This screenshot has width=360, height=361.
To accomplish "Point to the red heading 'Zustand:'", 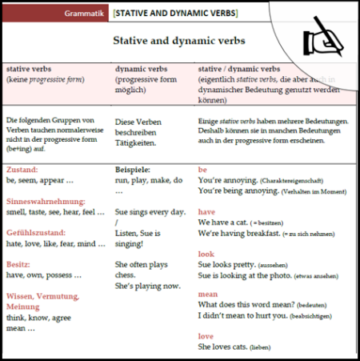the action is coord(22,170).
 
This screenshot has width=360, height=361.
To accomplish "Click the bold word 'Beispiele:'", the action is coord(134,170).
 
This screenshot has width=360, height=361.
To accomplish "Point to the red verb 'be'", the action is coord(202,170).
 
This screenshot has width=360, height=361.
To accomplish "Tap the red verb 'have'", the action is coord(207,211).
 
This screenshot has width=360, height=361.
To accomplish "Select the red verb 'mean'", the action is coord(208,293).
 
